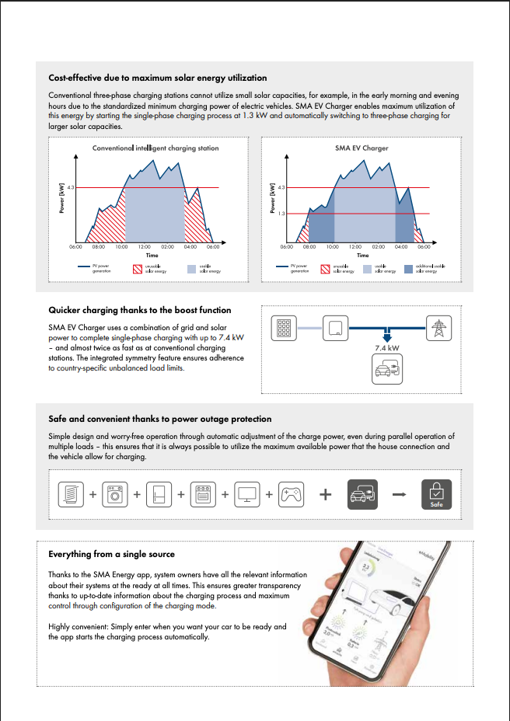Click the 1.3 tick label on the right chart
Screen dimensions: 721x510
pyautogui.click(x=281, y=213)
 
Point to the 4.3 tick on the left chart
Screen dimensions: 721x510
pyautogui.click(x=70, y=187)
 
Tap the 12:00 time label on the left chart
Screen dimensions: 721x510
pyautogui.click(x=145, y=247)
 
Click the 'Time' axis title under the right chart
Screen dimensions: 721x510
pyautogui.click(x=363, y=255)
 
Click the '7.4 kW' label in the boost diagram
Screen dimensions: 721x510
pyautogui.click(x=387, y=349)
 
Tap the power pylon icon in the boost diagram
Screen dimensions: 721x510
pyautogui.click(x=438, y=328)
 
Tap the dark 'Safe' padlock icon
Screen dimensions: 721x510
pyautogui.click(x=436, y=494)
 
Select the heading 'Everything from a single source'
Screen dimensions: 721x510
pyautogui.click(x=111, y=554)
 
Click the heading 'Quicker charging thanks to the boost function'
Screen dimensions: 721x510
pyautogui.click(x=139, y=310)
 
